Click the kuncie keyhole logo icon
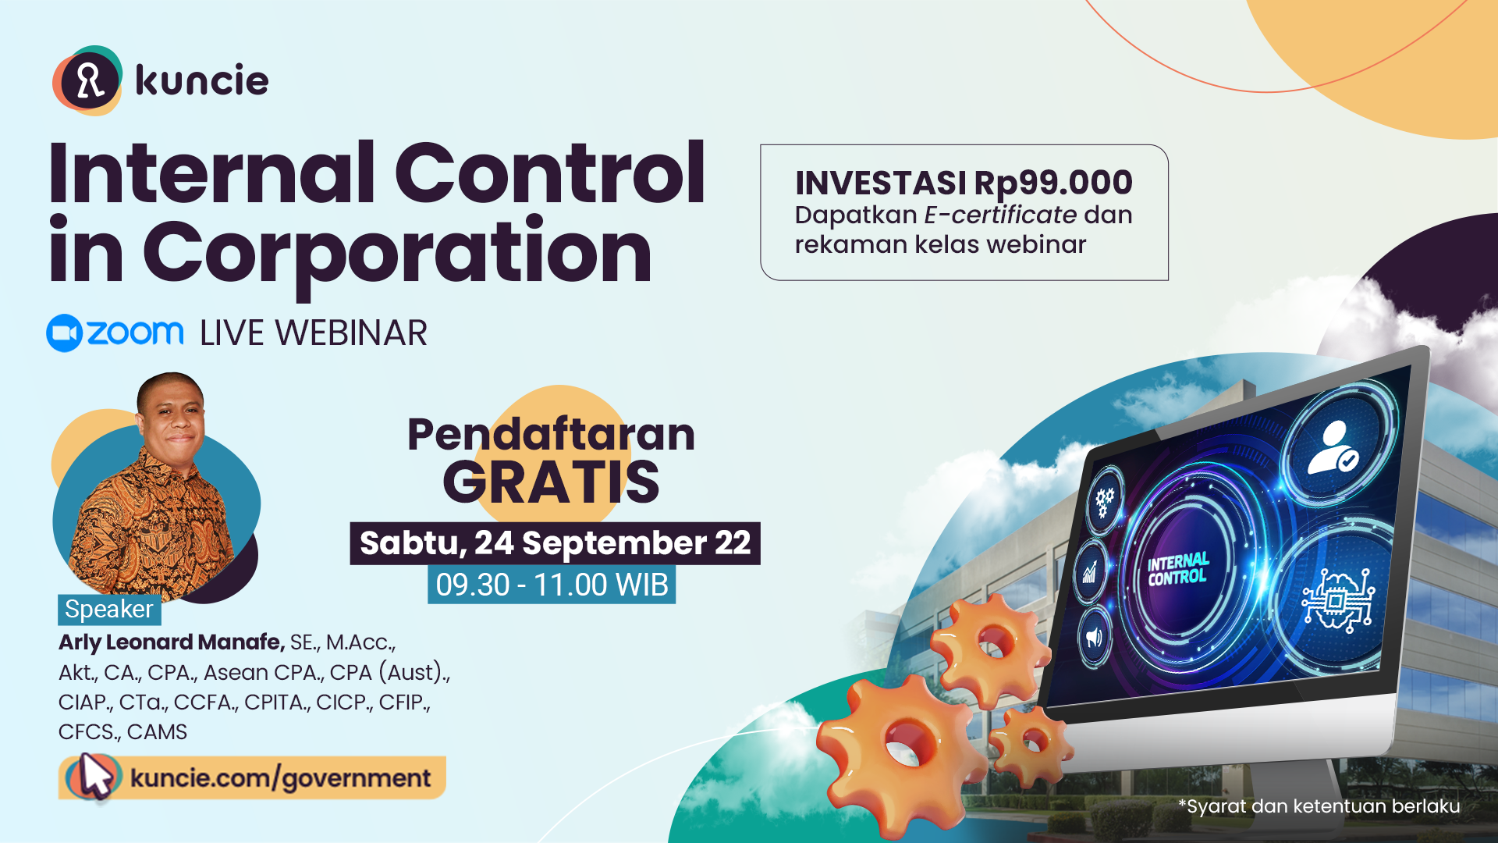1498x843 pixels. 87,80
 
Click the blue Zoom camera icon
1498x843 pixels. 64,333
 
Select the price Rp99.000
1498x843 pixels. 1053,183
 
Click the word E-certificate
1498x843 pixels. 1001,215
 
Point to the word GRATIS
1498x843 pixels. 551,482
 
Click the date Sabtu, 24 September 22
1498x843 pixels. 555,543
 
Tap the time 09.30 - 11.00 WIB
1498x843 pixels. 552,585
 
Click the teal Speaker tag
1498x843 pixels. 109,609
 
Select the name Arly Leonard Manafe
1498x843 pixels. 172,642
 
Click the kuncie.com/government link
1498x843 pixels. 280,778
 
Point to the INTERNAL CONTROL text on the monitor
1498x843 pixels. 1178,570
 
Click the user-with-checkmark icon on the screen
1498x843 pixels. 1334,448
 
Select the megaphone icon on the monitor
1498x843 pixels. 1095,637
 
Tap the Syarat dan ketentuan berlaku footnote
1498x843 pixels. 1319,806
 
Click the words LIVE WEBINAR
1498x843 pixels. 314,333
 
